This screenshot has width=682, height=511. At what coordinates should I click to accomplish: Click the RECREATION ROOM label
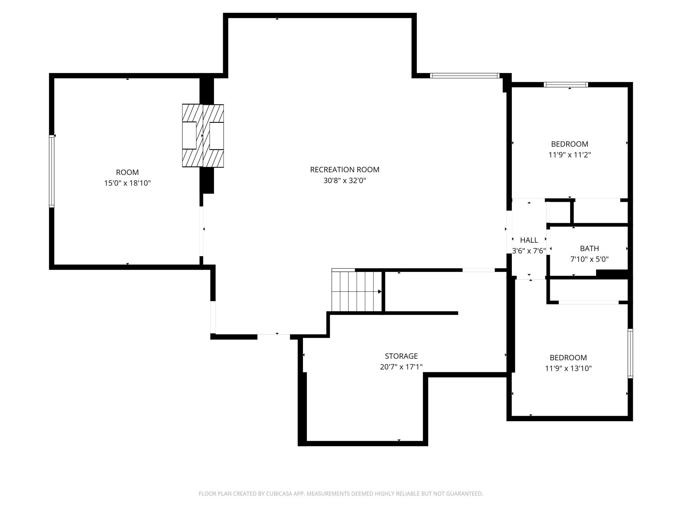pyautogui.click(x=345, y=170)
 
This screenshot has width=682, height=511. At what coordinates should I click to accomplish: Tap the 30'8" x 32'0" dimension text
pyautogui.click(x=345, y=180)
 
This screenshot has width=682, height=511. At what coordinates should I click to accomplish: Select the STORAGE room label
pyautogui.click(x=401, y=356)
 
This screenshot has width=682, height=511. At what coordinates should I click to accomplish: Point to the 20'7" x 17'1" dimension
pyautogui.click(x=401, y=367)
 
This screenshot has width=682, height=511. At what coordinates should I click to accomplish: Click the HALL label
pyautogui.click(x=529, y=240)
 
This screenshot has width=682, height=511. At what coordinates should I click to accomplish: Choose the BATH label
pyautogui.click(x=589, y=249)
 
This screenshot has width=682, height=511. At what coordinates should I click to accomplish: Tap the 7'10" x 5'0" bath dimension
pyautogui.click(x=589, y=259)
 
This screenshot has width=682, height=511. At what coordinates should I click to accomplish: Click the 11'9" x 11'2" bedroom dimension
pyautogui.click(x=570, y=155)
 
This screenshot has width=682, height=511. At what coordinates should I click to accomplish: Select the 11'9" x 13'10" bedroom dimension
pyautogui.click(x=568, y=369)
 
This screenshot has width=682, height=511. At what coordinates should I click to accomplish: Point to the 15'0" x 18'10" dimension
pyautogui.click(x=127, y=183)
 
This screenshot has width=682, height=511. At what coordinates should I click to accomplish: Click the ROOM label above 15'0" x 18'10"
pyautogui.click(x=127, y=172)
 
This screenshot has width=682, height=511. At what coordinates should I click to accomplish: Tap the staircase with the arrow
pyautogui.click(x=357, y=290)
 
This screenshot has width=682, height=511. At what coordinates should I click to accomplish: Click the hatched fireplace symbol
pyautogui.click(x=203, y=136)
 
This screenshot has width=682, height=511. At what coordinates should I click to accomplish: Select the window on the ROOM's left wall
pyautogui.click(x=51, y=171)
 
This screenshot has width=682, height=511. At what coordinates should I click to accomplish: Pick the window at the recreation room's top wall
pyautogui.click(x=465, y=76)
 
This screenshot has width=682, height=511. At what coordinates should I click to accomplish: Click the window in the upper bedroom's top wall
pyautogui.click(x=566, y=85)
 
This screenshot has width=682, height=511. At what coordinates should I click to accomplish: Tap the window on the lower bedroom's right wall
pyautogui.click(x=630, y=353)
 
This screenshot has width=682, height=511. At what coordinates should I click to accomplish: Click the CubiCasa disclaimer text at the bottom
pyautogui.click(x=341, y=494)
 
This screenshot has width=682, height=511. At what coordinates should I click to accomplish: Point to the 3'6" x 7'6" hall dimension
pyautogui.click(x=529, y=251)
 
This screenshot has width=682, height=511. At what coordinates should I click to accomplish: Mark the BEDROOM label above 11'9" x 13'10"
pyautogui.click(x=568, y=358)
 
